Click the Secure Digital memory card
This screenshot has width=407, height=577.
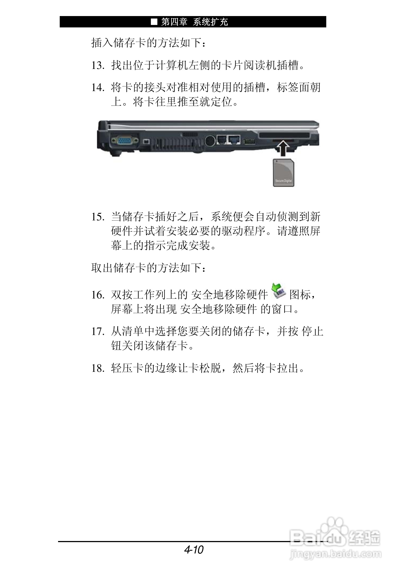point(283,173)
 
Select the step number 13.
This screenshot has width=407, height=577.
point(97,66)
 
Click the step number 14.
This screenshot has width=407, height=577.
point(97,88)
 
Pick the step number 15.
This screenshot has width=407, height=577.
point(97,217)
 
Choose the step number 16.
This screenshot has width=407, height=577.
point(97,295)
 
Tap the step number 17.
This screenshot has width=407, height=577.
point(97,331)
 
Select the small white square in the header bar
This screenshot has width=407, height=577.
point(154,22)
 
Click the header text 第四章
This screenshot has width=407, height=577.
point(174,22)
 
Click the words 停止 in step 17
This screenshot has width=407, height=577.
point(312,331)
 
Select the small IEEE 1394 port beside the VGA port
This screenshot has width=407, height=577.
point(147,141)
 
